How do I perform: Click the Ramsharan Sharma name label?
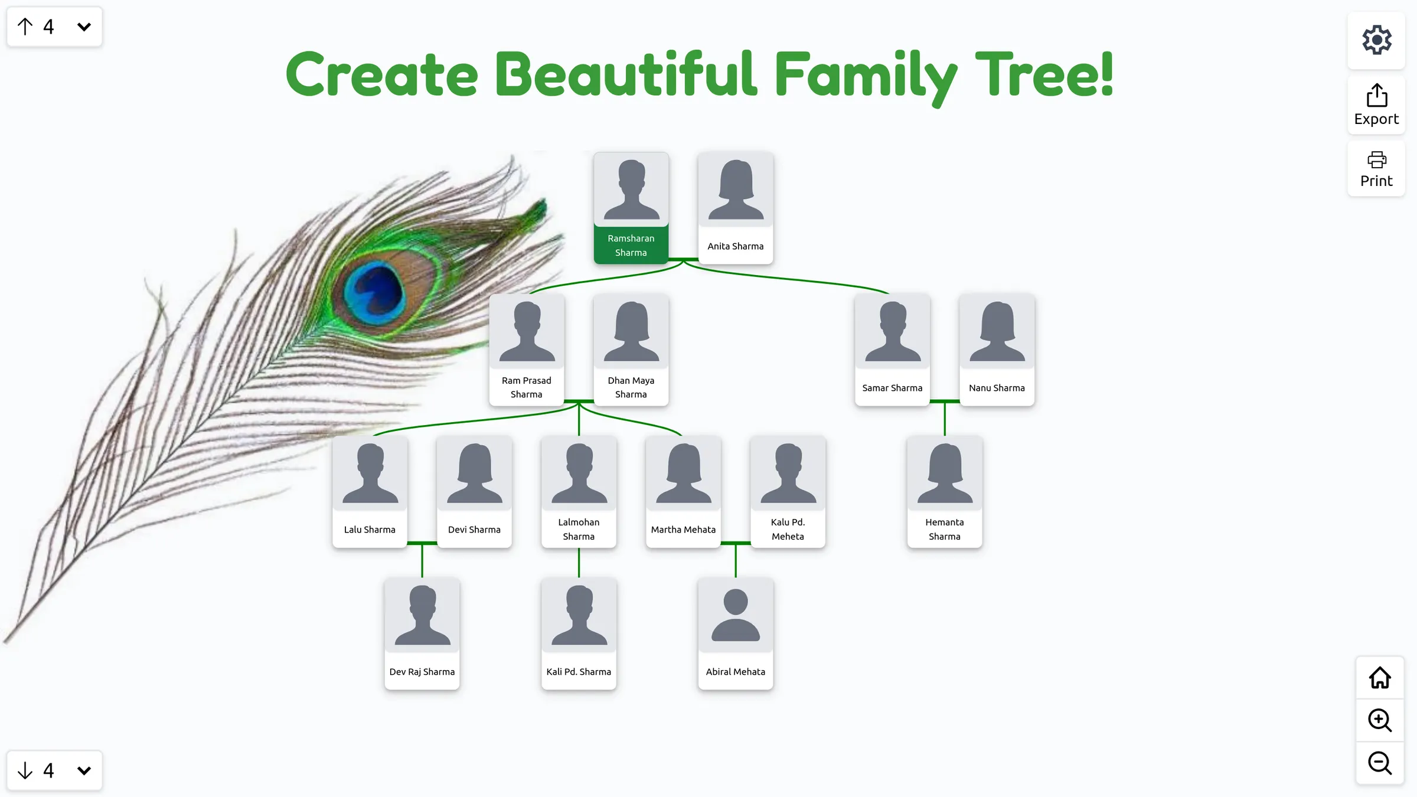[x=631, y=246]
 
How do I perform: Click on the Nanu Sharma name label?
[x=997, y=388]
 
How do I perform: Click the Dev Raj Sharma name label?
[x=422, y=672]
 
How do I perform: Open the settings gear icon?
[x=1376, y=40]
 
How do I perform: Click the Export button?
[x=1376, y=105]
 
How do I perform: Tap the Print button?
[x=1376, y=169]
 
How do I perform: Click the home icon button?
[x=1379, y=678]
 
